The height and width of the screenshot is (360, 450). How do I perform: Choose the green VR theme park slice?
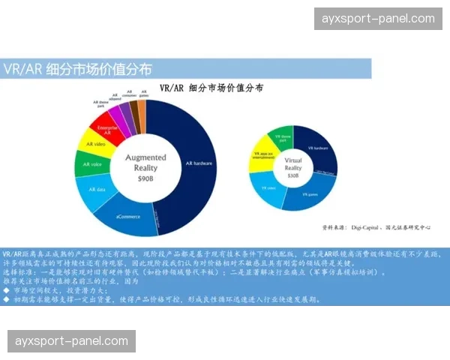(283, 138)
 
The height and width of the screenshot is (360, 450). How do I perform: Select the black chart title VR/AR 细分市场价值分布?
(211, 88)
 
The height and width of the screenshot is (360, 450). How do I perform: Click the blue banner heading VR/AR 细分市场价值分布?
(77, 69)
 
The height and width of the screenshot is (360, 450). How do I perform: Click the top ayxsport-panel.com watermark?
(378, 19)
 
